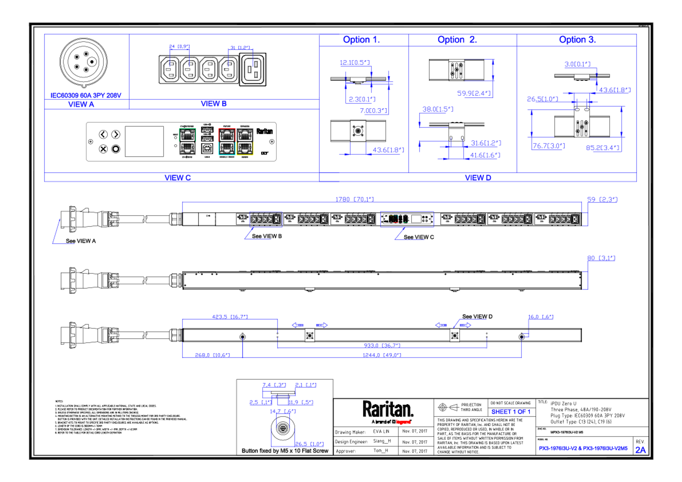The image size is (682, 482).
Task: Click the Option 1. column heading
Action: pyautogui.click(x=361, y=39)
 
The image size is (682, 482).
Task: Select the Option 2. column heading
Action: pyautogui.click(x=457, y=39)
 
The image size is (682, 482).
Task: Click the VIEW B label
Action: pyautogui.click(x=214, y=104)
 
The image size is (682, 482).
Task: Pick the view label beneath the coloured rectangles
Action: pyautogui.click(x=178, y=177)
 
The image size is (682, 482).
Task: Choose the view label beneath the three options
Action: pyautogui.click(x=478, y=177)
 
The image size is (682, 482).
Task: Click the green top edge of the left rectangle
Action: pyautogui.click(x=187, y=129)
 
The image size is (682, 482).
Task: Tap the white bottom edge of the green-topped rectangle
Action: pyautogui.click(x=187, y=155)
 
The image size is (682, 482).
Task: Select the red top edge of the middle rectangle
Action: pyautogui.click(x=227, y=129)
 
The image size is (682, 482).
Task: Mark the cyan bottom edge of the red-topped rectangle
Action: pyautogui.click(x=227, y=155)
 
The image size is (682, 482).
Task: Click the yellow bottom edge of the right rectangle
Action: pyautogui.click(x=245, y=155)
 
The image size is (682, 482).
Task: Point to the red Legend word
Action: pyautogui.click(x=403, y=422)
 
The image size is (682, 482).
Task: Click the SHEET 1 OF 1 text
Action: pyautogui.click(x=510, y=412)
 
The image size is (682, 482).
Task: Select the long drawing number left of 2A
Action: pyautogui.click(x=583, y=448)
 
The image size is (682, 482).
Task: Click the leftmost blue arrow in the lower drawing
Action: pyautogui.click(x=297, y=325)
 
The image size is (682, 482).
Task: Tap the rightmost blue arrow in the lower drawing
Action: pyautogui.click(x=466, y=325)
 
